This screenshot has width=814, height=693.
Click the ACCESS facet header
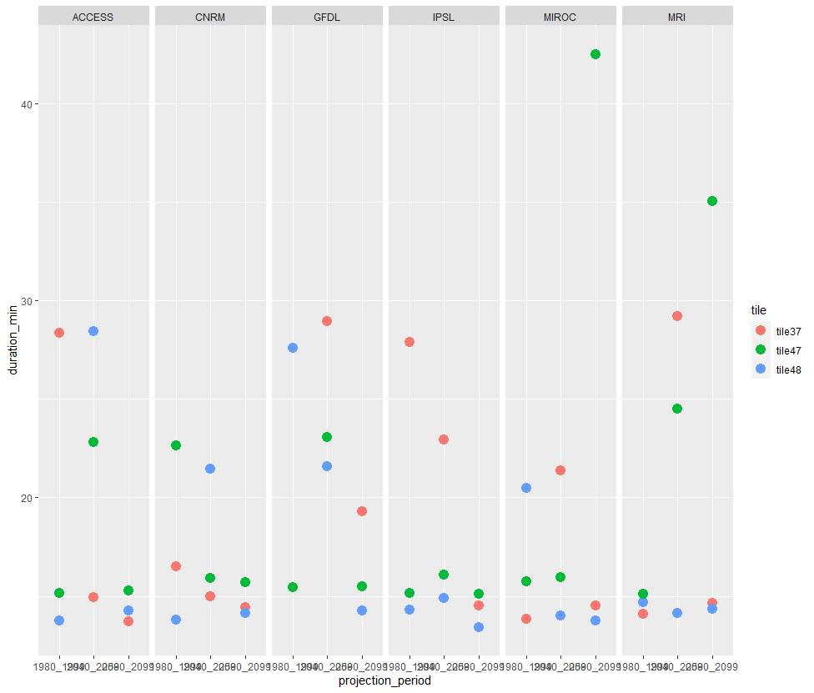pos(93,16)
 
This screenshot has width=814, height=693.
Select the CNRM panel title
pos(210,16)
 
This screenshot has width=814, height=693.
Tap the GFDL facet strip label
pos(327,16)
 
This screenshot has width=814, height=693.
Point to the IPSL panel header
pos(444,16)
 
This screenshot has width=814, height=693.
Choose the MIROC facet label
pos(560,16)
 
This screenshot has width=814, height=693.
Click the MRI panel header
pos(677,16)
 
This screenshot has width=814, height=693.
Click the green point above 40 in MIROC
pos(595,54)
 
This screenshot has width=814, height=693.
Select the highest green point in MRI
pos(712,201)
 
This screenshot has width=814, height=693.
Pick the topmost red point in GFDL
pos(327,321)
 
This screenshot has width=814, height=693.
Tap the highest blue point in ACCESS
pos(93,331)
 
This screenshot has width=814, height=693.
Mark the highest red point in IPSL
pos(410,342)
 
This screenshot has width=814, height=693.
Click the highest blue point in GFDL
pos(293,348)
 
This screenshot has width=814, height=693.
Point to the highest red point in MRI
pos(677,316)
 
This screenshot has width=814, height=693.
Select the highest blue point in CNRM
pos(210,469)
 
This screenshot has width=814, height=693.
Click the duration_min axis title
pos(13,340)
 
